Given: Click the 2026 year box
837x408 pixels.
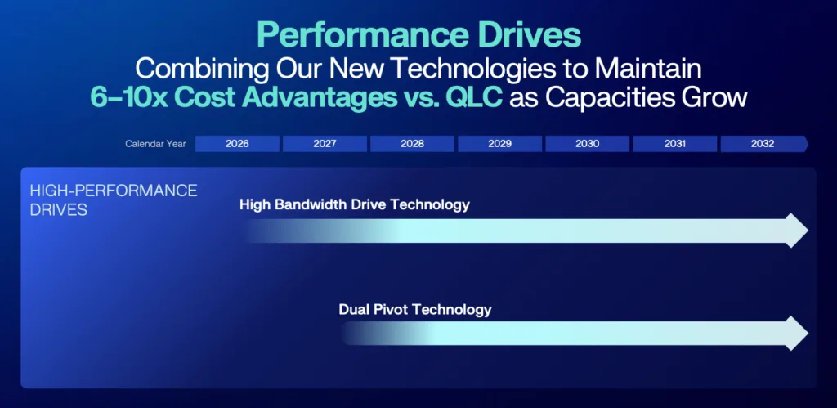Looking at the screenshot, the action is pos(237,144).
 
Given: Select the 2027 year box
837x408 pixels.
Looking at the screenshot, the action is pos(325,144).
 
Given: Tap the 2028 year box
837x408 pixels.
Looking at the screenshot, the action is pos(412,144).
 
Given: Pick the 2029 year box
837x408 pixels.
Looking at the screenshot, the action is pos(499,144).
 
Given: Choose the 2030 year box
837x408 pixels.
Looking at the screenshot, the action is pos(587,144).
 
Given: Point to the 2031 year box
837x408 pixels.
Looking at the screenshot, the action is pos(674,144).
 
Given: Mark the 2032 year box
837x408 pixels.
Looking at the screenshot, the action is pos(764,144).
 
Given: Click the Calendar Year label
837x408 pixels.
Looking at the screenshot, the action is pos(155,144).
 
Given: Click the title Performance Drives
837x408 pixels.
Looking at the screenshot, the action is pos(418,36).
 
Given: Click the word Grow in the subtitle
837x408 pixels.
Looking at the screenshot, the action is pos(714,99).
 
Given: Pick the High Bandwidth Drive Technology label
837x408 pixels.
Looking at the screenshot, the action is pos(355,204).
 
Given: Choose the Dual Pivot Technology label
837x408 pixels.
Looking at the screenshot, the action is pos(415,309).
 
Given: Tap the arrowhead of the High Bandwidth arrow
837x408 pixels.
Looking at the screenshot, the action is pos(798,231).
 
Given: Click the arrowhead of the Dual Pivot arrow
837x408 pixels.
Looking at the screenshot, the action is pos(798,334).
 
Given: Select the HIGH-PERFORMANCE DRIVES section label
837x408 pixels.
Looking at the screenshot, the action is pos(114,200).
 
